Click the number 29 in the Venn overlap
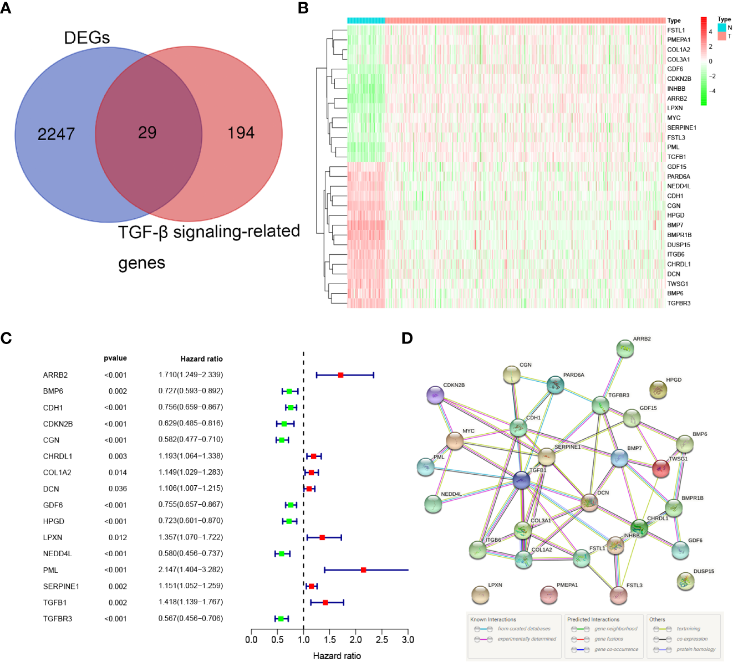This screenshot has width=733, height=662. (x=147, y=133)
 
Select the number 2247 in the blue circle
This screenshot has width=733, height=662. (x=56, y=134)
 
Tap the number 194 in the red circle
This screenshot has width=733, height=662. (x=241, y=133)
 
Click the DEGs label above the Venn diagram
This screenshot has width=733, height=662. (x=87, y=38)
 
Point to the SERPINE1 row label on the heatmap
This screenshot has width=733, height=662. (x=681, y=128)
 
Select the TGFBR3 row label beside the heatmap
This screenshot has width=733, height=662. (x=679, y=304)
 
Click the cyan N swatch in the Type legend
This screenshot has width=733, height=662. (x=722, y=27)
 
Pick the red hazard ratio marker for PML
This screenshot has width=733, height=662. (x=364, y=569)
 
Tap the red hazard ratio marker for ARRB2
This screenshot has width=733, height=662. (x=341, y=375)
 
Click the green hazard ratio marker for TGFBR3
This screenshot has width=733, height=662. (x=281, y=618)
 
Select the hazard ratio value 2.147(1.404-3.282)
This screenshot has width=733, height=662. (x=191, y=569)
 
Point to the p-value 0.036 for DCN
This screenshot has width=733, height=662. (x=118, y=489)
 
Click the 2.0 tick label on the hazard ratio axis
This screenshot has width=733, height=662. (x=356, y=640)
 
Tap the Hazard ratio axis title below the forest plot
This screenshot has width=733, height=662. (x=337, y=656)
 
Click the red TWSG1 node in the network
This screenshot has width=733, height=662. (x=661, y=469)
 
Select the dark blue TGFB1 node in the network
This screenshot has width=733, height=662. (x=521, y=480)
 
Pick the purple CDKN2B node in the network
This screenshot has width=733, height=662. (x=435, y=395)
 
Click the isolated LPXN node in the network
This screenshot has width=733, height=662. (x=480, y=595)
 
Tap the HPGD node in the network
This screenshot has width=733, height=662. (x=658, y=389)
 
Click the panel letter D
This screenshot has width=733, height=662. (x=408, y=338)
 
